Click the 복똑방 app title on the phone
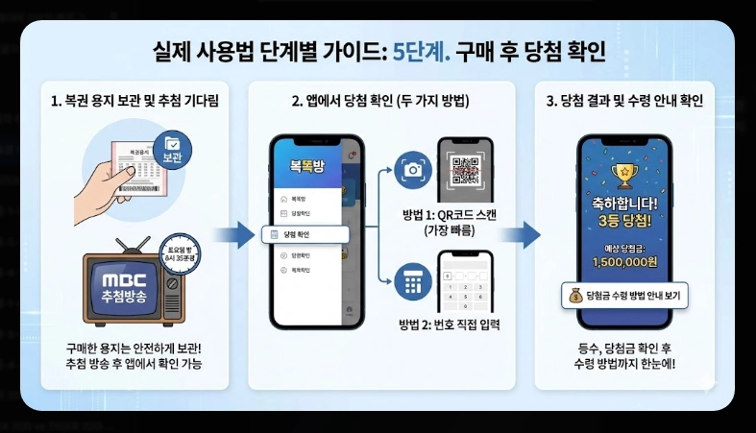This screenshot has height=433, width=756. tap(308, 164)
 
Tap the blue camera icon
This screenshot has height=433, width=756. tap(414, 170)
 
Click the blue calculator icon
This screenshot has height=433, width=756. tap(414, 283)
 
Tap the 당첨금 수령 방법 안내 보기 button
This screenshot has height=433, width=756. tap(625, 297)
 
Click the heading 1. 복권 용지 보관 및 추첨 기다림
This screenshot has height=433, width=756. tap(134, 101)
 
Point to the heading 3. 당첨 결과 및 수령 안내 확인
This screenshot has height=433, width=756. tap(625, 101)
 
